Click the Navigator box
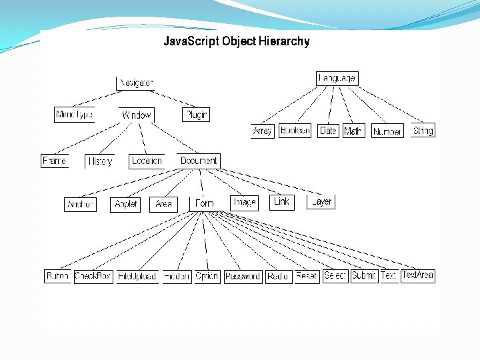136,83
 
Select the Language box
337,78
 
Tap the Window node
136,115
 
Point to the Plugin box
196,115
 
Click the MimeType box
74,115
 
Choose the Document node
199,161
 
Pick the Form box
205,203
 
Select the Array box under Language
263,131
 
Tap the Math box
353,131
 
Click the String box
423,131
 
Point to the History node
100,161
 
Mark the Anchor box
81,204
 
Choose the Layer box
321,201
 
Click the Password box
242,276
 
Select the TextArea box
418,275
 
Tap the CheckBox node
93,276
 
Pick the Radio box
277,276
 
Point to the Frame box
55,161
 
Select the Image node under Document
244,201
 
